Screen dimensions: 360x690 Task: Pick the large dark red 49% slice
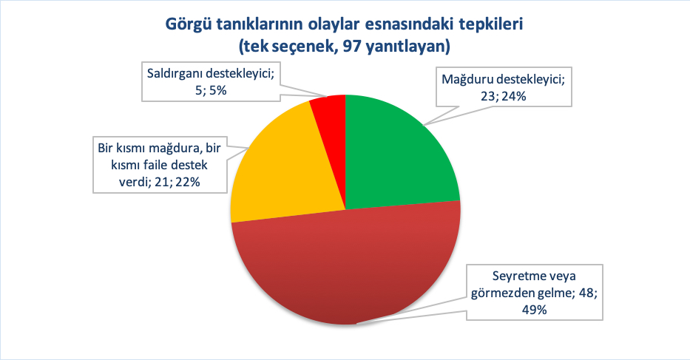[x=348, y=266]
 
